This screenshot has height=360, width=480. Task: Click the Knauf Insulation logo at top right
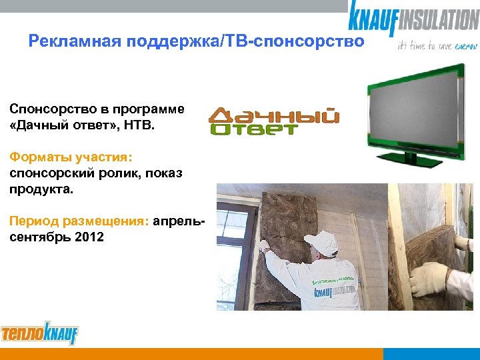(413, 19)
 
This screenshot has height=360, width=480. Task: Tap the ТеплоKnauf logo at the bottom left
(39, 333)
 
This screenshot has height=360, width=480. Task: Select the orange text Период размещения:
(79, 221)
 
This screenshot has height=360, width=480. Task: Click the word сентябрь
(36, 237)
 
